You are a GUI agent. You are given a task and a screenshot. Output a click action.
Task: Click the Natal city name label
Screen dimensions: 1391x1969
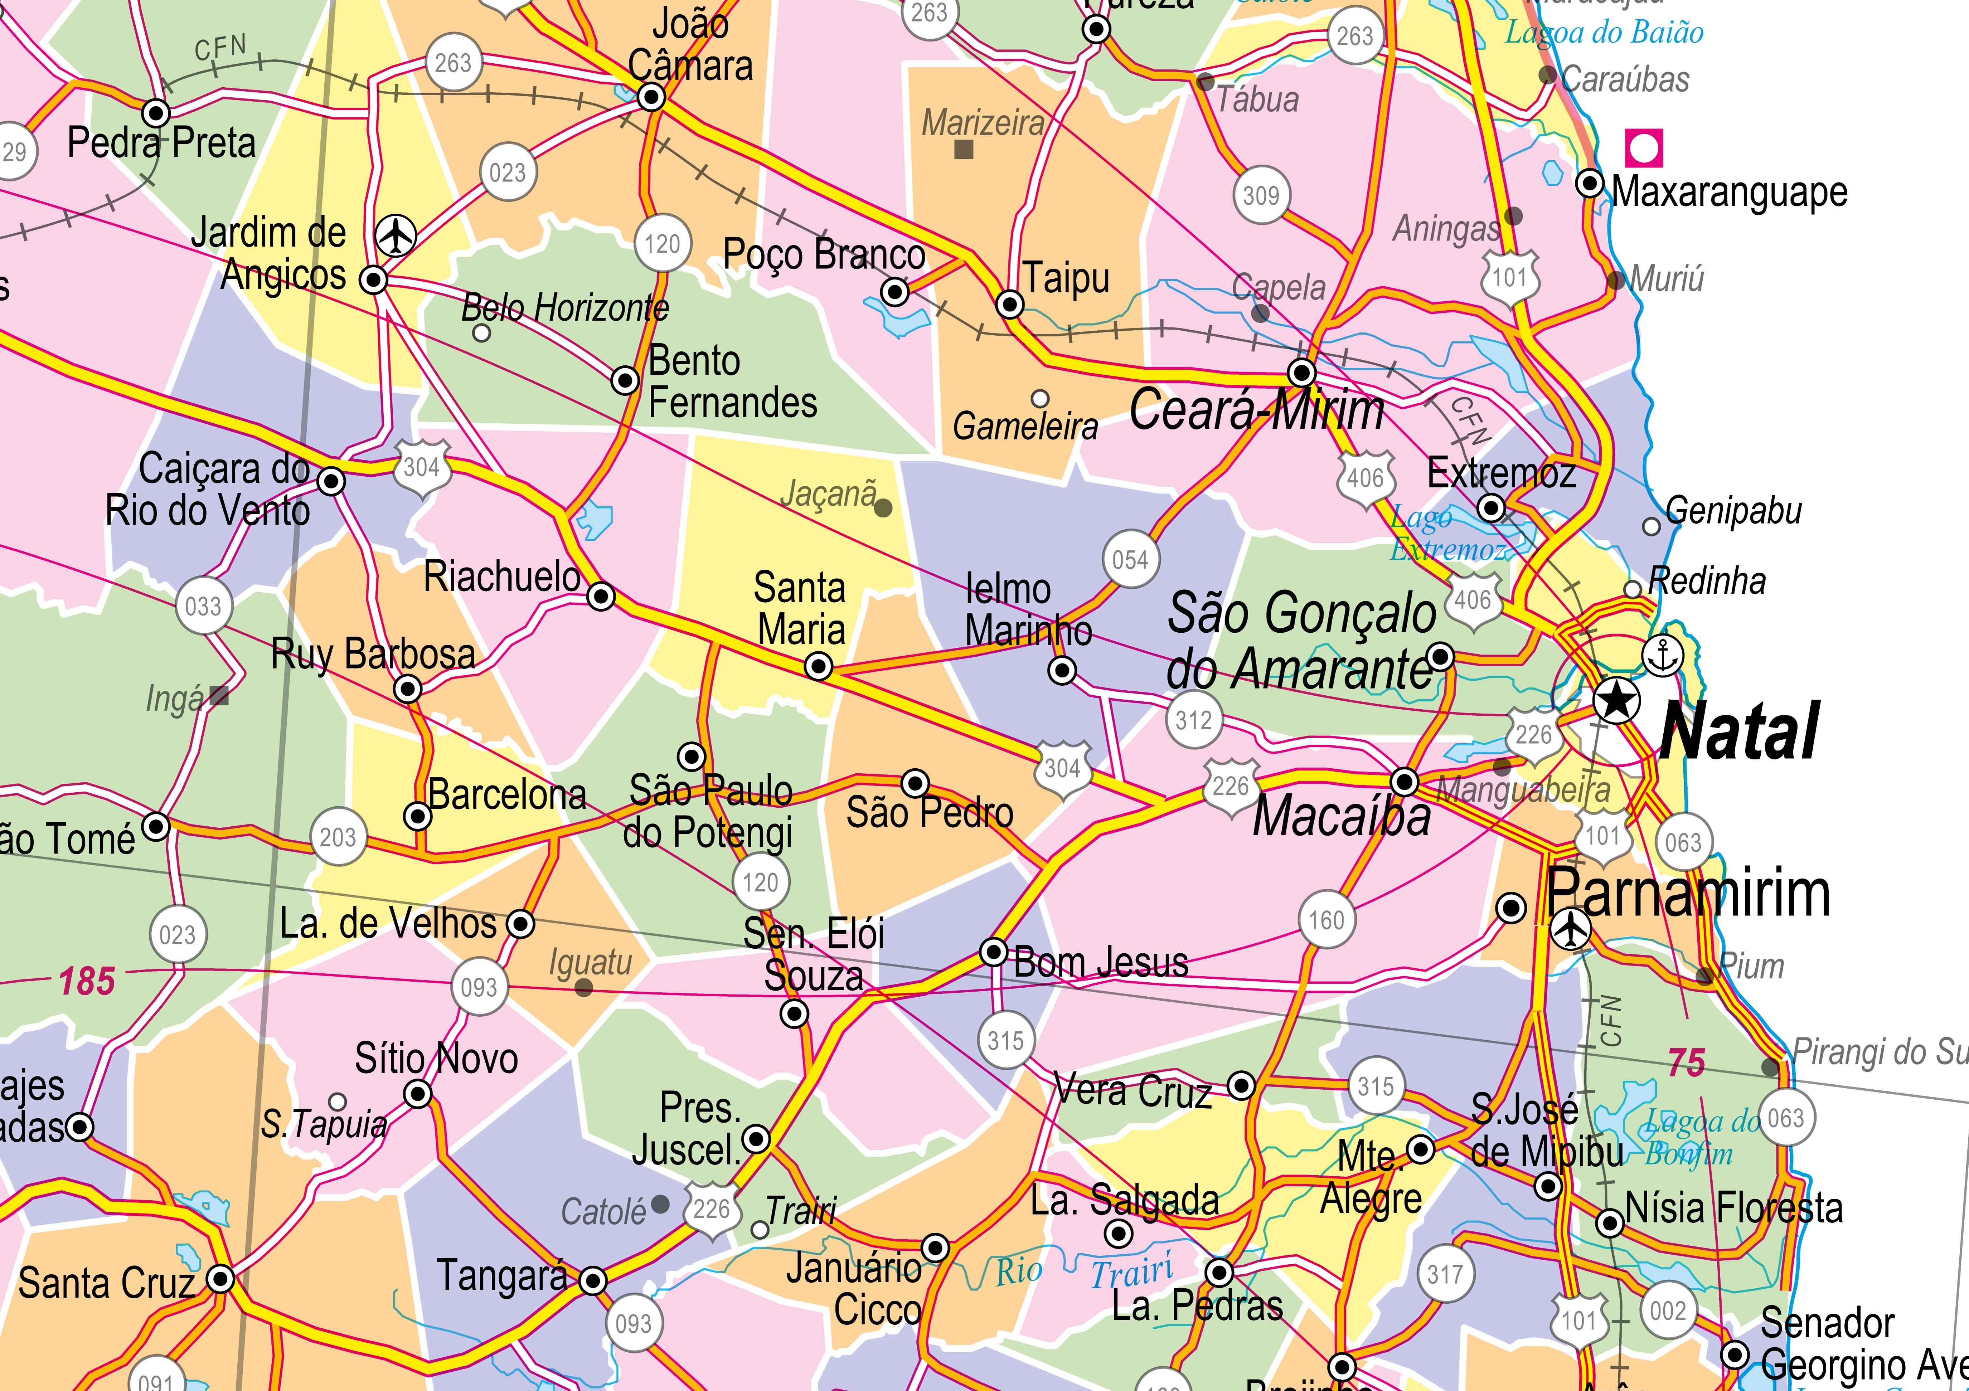[x=1739, y=731]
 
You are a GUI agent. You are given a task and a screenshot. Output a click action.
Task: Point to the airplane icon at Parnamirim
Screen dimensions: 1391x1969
[x=1571, y=929]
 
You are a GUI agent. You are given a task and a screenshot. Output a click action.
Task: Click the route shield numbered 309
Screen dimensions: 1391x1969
[x=1261, y=196]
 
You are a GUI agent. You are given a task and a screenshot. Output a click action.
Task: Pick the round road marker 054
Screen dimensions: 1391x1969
[x=1130, y=560]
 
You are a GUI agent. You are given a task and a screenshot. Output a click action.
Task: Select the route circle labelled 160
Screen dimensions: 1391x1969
[x=1326, y=920]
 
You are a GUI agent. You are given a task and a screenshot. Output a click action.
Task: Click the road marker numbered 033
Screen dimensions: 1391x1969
[x=203, y=606]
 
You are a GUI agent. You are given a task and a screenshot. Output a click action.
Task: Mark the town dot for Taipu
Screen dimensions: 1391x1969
[x=1010, y=303]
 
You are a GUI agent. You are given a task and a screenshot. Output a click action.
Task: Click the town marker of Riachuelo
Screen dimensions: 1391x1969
[x=601, y=596]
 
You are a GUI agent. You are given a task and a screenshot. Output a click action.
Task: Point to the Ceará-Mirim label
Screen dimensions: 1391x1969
[x=1256, y=411]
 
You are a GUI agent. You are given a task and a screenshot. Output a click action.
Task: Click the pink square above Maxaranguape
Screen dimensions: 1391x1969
[x=1643, y=147]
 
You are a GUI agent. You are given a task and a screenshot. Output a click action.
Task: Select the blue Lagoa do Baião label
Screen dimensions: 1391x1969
[x=1604, y=33]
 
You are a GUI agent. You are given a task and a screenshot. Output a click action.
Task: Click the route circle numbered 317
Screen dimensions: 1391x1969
[x=1444, y=1274]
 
